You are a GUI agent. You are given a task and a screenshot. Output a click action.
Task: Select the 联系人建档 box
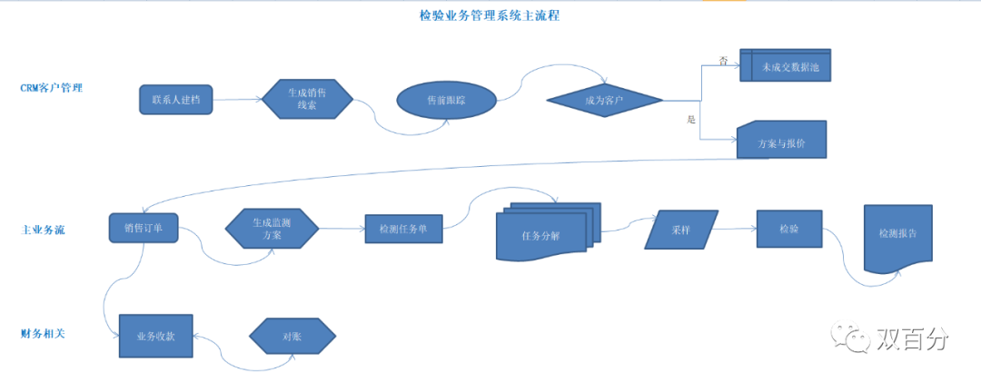point(176,99)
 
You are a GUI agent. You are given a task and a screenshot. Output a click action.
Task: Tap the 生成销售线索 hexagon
point(307,99)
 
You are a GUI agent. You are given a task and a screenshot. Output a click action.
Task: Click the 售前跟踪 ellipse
point(447,99)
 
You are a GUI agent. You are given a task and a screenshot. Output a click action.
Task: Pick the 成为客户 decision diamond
point(604,99)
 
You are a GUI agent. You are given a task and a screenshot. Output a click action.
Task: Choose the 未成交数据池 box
point(786,66)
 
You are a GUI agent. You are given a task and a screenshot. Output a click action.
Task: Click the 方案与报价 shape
point(780,141)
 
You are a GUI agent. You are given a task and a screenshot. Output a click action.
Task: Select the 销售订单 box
point(144,228)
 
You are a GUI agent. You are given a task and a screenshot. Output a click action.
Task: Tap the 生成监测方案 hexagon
point(272,229)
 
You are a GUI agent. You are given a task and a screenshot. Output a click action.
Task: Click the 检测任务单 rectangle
point(403,229)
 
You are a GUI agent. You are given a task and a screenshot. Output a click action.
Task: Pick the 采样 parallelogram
point(681,230)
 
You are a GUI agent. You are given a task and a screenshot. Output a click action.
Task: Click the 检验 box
point(788,229)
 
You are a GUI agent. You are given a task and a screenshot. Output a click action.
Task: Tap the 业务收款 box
point(155,335)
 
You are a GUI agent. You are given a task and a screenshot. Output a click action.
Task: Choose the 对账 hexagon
point(292,335)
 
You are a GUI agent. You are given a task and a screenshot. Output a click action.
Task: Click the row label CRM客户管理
point(57,89)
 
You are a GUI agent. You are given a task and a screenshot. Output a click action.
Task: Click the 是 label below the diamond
point(691,119)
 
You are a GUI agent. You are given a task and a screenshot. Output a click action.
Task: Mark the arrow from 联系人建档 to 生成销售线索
point(237,98)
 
